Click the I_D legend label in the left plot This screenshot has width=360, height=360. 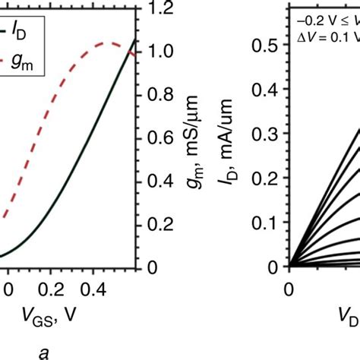click(19, 30)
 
